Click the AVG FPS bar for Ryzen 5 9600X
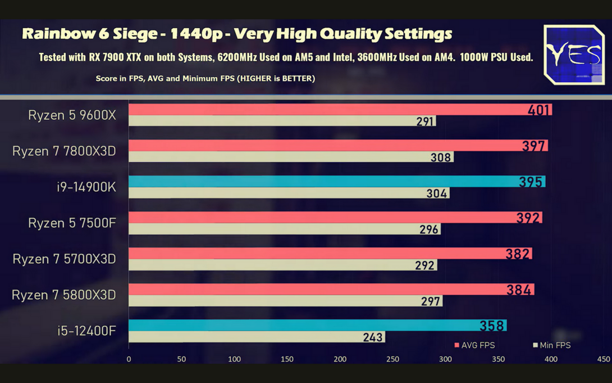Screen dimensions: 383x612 tap(326, 110)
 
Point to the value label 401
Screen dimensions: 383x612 tap(538, 110)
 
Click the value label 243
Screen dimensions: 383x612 tap(373, 337)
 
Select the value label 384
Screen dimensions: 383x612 tap(518, 290)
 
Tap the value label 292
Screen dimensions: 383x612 tap(425, 265)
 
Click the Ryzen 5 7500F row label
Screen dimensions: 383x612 tap(72, 223)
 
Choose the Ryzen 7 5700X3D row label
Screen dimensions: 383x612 tap(64, 259)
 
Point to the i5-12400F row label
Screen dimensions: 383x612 tap(86, 331)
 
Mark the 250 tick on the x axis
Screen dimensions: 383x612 tap(392, 359)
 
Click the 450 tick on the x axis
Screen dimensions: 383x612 tap(604, 359)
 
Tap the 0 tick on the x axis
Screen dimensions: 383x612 tap(129, 359)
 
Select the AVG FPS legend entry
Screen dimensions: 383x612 tap(475, 345)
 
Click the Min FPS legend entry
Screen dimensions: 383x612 tap(552, 345)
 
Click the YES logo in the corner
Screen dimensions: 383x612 tap(574, 55)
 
